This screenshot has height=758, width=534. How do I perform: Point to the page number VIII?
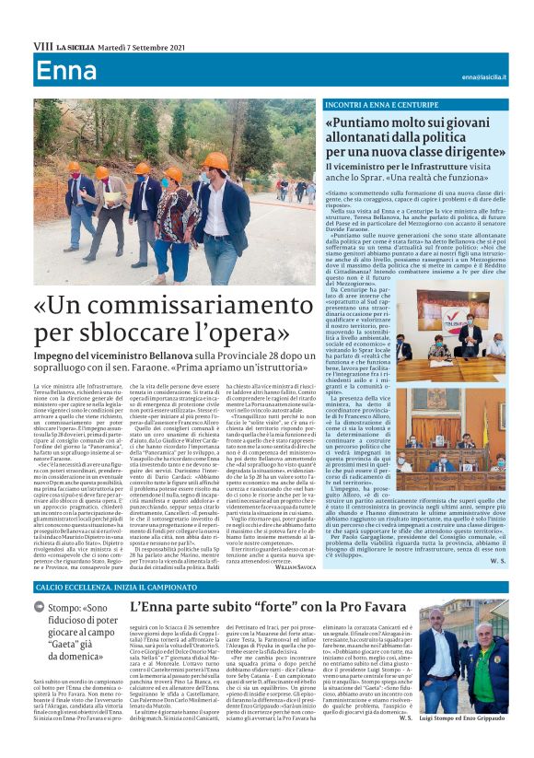click(x=42, y=45)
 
